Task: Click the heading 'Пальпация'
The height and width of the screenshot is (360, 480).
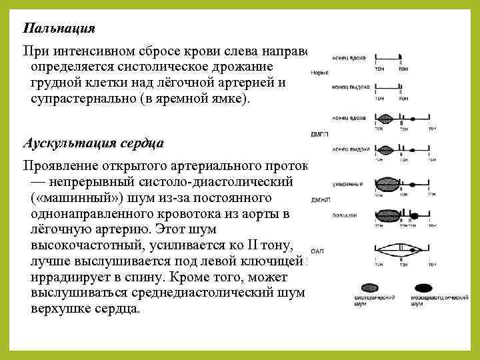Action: tap(59, 29)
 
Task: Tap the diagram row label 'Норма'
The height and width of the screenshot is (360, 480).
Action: tap(320, 71)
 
